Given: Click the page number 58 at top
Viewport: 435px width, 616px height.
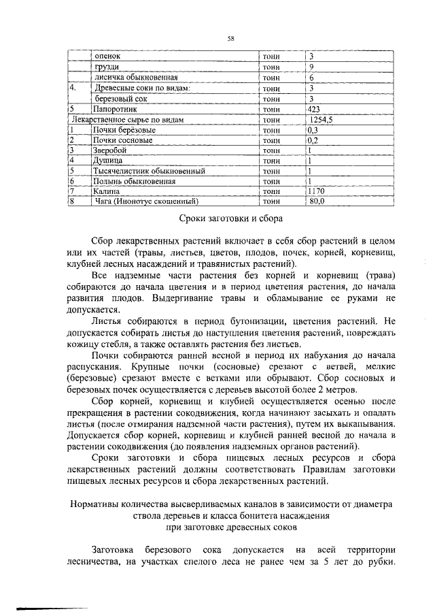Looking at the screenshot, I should click(230, 39).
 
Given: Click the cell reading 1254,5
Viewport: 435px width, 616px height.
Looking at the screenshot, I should click(321, 119).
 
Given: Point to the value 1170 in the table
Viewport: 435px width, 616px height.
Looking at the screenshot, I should click(316, 192).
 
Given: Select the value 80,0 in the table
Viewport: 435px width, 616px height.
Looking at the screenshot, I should click(319, 201).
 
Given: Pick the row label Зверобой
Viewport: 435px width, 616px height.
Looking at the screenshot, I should click(110, 150).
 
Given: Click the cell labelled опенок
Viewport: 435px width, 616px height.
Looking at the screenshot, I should click(107, 56).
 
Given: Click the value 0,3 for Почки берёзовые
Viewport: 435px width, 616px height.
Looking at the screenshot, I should click(313, 129).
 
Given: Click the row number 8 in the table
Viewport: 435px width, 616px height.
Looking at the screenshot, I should click(71, 201).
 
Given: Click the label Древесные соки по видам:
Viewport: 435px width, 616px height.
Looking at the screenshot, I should click(141, 88).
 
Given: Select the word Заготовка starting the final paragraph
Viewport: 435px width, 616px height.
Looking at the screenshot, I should click(113, 549).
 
